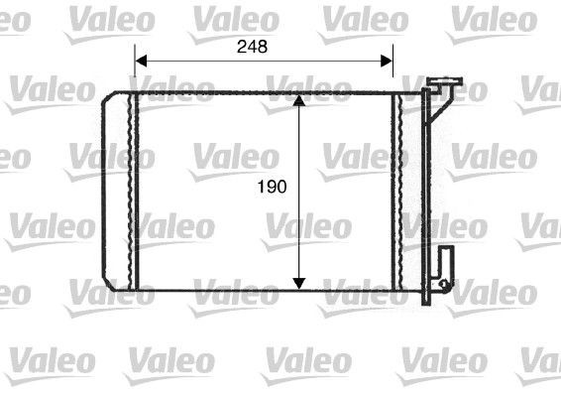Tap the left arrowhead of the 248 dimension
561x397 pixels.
(x=140, y=60)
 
